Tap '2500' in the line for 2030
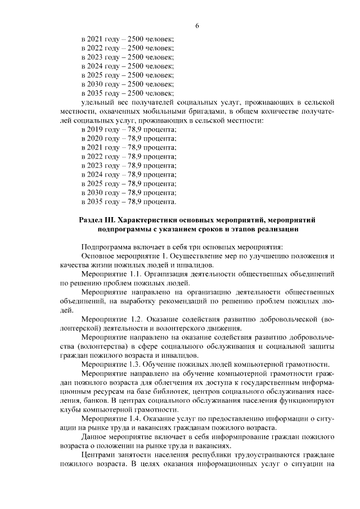coord(137,84)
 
